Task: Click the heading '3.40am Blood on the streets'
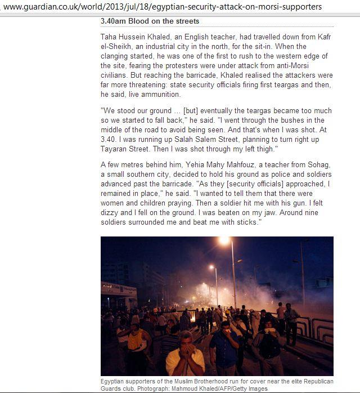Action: [150, 21]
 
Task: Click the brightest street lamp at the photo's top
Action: [226, 240]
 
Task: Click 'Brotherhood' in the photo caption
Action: [186, 382]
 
